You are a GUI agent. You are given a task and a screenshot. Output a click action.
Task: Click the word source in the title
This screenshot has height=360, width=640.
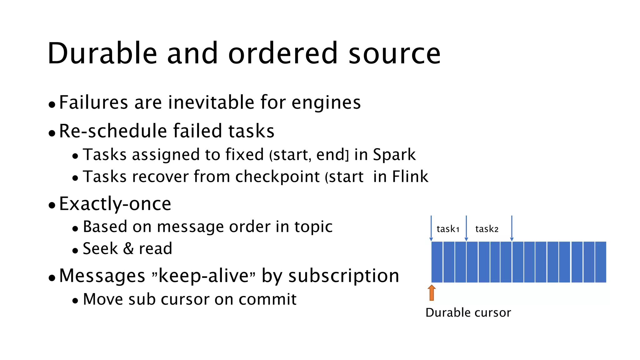tap(394, 54)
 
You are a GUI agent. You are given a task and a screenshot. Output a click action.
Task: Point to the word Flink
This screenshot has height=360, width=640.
tap(410, 177)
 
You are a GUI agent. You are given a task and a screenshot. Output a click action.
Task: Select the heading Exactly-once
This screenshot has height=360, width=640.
tap(115, 204)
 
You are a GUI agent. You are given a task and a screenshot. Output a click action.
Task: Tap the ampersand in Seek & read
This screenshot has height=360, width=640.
tap(128, 249)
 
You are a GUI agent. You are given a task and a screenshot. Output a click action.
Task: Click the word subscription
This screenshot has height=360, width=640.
tap(344, 276)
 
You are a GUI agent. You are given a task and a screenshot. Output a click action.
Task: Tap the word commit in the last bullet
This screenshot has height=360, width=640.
tap(267, 299)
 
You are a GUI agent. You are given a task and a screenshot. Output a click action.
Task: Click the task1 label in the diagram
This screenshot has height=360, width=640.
tap(448, 229)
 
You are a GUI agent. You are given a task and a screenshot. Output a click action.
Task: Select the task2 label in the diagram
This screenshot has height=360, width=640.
tap(487, 229)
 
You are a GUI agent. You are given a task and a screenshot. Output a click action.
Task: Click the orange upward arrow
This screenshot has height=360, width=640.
tap(432, 293)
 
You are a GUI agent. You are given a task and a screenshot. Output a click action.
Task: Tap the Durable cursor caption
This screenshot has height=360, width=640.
tap(468, 312)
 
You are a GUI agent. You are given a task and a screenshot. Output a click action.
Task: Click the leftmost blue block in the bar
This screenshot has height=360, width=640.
tap(437, 262)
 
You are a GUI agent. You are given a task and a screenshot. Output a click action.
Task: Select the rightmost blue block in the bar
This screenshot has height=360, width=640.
tap(601, 262)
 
